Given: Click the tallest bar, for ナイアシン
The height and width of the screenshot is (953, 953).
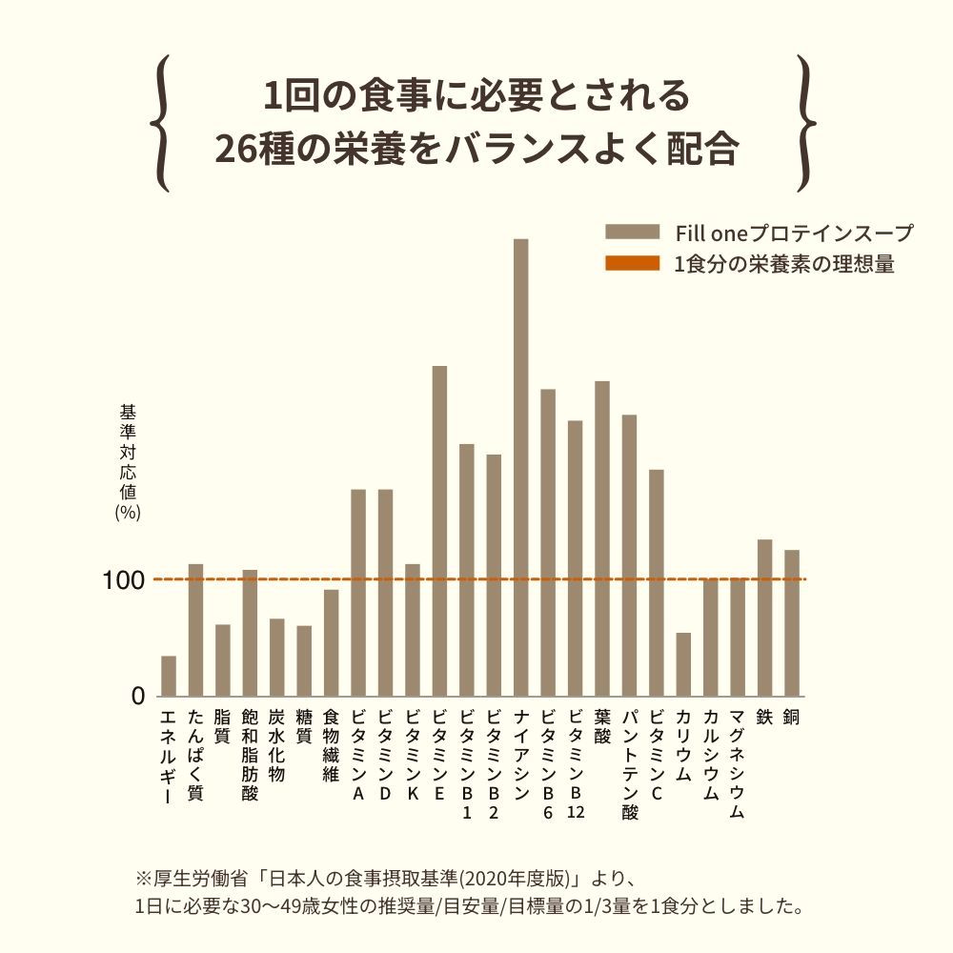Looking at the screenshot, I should click(520, 467).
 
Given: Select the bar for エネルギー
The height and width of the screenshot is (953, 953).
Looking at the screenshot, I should click(169, 676).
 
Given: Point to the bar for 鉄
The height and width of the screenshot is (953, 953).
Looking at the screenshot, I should click(764, 618).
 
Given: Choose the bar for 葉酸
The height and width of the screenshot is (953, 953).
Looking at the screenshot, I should click(602, 538).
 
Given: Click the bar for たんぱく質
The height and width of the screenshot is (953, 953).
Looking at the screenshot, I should click(195, 630).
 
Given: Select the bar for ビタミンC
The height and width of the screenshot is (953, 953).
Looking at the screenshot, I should click(656, 582).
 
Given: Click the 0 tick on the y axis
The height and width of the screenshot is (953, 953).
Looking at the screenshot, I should click(138, 697).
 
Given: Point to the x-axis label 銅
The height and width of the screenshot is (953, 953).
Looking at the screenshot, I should click(791, 718).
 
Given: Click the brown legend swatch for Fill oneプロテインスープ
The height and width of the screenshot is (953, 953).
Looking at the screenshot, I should click(632, 233).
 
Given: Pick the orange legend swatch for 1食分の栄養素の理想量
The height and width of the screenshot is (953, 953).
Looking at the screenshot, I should click(632, 264).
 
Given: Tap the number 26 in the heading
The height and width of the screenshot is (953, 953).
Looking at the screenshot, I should click(236, 149).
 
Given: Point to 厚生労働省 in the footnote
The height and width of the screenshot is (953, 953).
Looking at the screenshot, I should click(196, 876).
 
